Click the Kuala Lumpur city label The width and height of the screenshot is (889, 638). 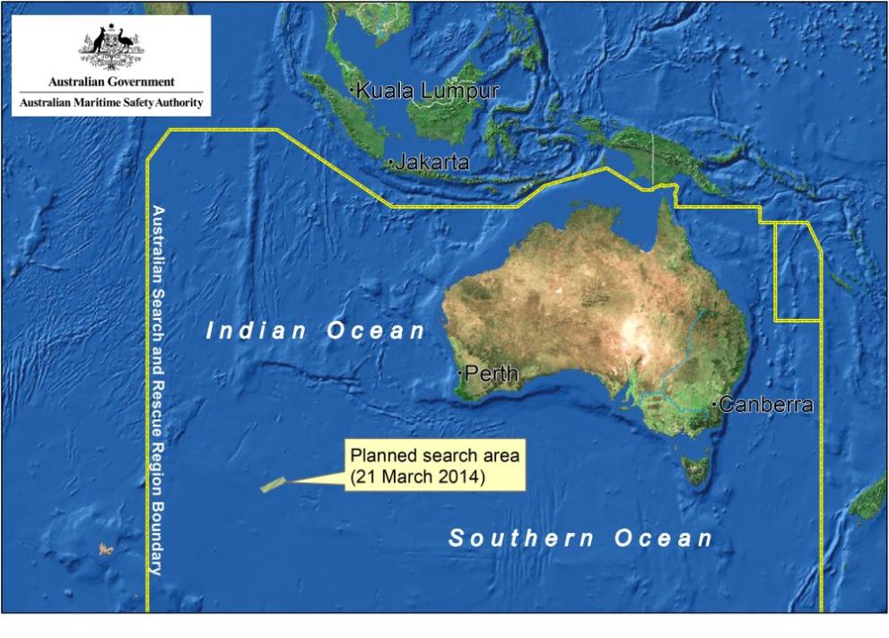[428, 91]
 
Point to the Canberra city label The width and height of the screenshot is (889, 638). [766, 405]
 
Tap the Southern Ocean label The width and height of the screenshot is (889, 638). [580, 539]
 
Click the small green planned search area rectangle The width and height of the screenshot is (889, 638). [273, 485]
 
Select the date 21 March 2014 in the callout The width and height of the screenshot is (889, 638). [418, 477]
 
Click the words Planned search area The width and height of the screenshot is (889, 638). [434, 455]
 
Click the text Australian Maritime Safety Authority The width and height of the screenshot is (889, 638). [112, 104]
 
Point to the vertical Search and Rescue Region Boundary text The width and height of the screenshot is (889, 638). [157, 390]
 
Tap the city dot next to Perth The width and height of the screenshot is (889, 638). [460, 371]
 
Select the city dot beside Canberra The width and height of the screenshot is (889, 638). [714, 405]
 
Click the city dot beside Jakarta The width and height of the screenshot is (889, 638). [391, 163]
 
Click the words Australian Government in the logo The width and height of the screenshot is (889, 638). [112, 82]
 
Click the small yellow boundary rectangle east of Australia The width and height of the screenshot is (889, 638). [797, 272]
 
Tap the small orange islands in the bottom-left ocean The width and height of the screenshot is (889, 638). [106, 547]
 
